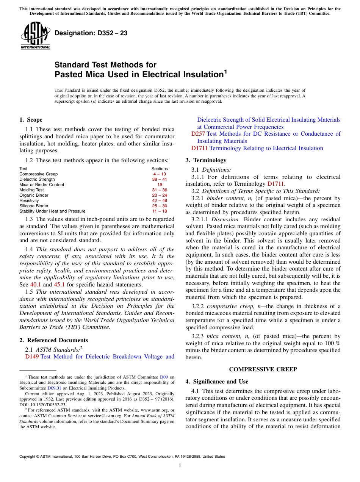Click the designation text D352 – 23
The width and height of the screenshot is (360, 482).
coord(91,33)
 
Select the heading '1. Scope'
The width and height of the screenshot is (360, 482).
coord(31,120)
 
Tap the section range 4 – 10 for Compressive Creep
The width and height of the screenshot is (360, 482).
coord(160,174)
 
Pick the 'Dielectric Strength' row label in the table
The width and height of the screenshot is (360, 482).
coord(37,179)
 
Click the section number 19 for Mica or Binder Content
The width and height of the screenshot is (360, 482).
coord(160,185)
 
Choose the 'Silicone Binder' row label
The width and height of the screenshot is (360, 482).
coord(34,206)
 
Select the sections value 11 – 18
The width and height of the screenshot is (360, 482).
coord(160,211)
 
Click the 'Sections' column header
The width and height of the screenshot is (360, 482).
coord(160,169)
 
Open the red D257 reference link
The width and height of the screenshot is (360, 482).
coord(198,134)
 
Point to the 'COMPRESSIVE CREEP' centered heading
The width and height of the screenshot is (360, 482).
coord(263,369)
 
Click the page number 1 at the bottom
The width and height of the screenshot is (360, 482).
coord(180,465)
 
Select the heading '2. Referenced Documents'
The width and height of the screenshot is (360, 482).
coord(53,340)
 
